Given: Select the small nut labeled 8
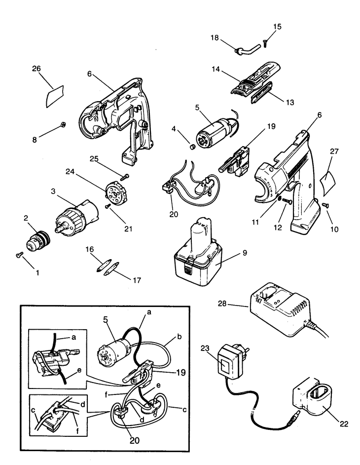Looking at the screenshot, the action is [x=63, y=125].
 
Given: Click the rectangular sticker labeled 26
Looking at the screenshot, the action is [x=55, y=96].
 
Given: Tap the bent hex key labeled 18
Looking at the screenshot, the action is [x=248, y=49].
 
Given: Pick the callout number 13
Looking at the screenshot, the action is [x=290, y=102].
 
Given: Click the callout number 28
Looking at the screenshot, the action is [x=222, y=304].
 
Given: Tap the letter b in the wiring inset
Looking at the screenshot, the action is [x=179, y=337].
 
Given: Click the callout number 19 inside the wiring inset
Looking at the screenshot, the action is [x=180, y=373].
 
